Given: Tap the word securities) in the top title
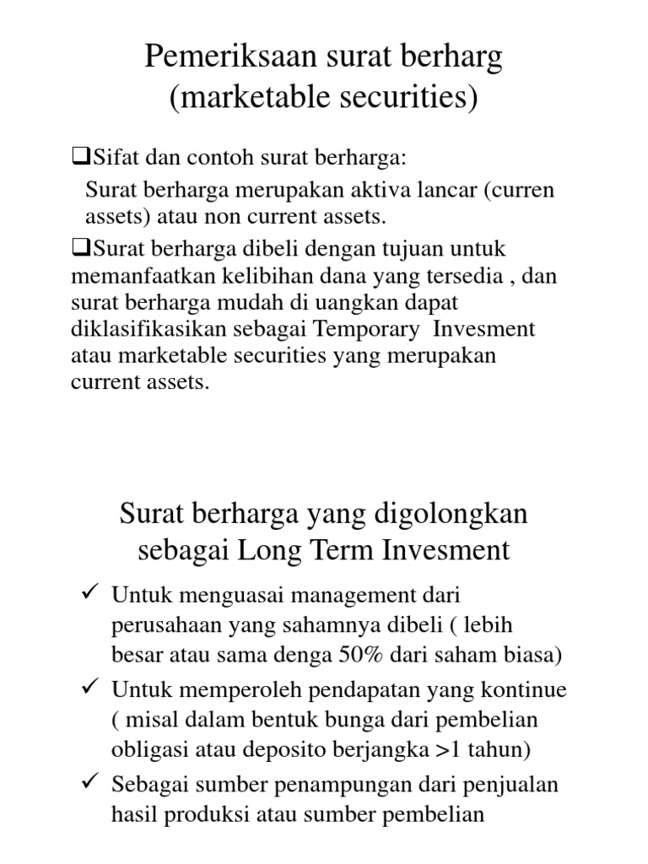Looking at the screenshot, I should pyautogui.click(x=411, y=98).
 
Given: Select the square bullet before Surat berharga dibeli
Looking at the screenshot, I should pyautogui.click(x=82, y=248).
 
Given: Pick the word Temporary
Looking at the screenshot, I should pyautogui.click(x=375, y=328).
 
